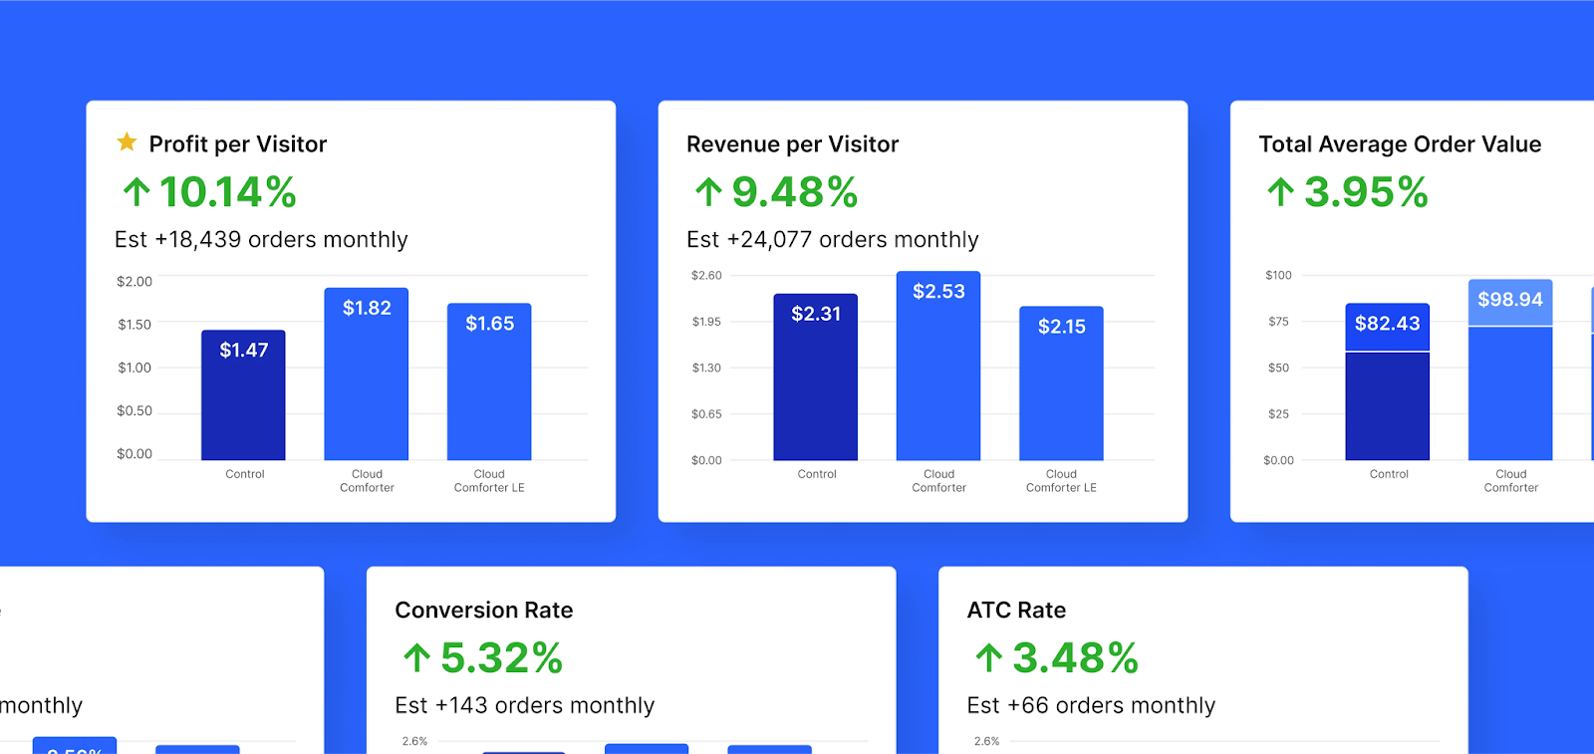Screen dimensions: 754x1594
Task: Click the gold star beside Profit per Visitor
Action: pyautogui.click(x=127, y=142)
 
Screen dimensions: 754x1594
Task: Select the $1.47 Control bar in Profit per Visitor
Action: pyautogui.click(x=243, y=398)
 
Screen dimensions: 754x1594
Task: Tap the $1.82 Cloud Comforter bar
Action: pyautogui.click(x=367, y=378)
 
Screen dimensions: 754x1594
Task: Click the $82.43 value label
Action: pyautogui.click(x=1387, y=324)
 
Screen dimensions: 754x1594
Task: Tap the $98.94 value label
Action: pyautogui.click(x=1510, y=300)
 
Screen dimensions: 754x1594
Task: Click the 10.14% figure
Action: pyautogui.click(x=228, y=192)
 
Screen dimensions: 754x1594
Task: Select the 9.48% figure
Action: pyautogui.click(x=795, y=192)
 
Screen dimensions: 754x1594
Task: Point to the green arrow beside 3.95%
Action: pyautogui.click(x=1280, y=191)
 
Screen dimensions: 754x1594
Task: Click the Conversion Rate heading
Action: pyautogui.click(x=484, y=610)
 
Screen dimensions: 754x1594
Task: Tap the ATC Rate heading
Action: pyautogui.click(x=1016, y=610)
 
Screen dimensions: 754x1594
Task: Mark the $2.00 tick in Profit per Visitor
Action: pyautogui.click(x=134, y=282)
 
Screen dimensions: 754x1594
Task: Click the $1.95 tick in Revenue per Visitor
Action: pyautogui.click(x=706, y=322)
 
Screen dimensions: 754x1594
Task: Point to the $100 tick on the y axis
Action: pyautogui.click(x=1278, y=275)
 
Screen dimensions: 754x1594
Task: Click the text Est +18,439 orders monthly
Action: pyautogui.click(x=261, y=240)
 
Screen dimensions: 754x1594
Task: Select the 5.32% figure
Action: pyautogui.click(x=502, y=658)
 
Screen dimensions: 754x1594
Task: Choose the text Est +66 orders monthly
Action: pyautogui.click(x=1091, y=705)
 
